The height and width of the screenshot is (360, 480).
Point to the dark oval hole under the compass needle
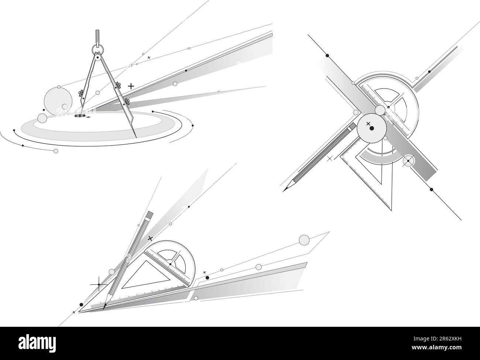point(79,116)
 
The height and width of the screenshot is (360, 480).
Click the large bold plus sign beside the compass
point(131,86)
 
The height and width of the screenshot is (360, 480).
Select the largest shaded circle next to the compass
point(58,99)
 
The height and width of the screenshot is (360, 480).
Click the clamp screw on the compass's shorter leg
point(80,93)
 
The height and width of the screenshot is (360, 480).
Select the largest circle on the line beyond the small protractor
point(304,240)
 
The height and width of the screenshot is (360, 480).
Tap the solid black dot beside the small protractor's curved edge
point(207,277)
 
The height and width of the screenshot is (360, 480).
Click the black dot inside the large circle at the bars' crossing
point(372,128)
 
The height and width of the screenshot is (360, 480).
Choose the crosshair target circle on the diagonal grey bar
point(408,161)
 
